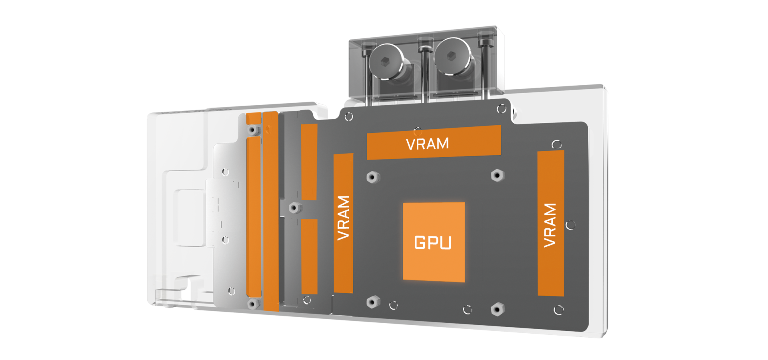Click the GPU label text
point(433,243)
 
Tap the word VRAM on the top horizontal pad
point(427,144)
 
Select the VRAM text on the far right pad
point(550,225)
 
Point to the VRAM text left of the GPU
point(344,218)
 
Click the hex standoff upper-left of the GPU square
point(373,177)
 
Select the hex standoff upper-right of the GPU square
point(498,175)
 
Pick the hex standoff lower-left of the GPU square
point(373,302)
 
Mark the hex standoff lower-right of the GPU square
point(498,309)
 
